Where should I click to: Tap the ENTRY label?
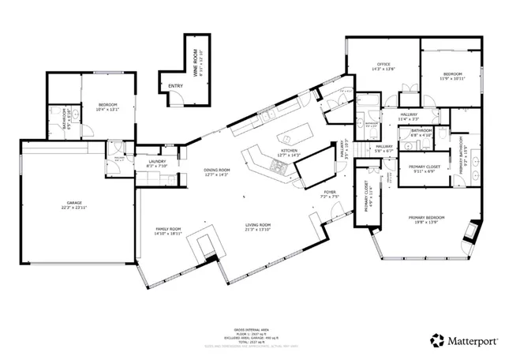pyautogui.click(x=175, y=86)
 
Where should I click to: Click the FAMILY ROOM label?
pyautogui.click(x=168, y=229)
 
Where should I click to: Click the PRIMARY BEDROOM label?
pyautogui.click(x=427, y=217)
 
